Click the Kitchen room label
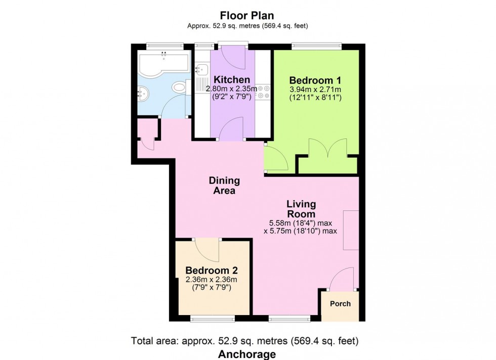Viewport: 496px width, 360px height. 232,80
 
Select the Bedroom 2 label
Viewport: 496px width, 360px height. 212,270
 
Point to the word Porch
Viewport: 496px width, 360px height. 340,304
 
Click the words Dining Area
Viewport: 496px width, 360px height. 224,186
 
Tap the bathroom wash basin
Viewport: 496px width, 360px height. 142,93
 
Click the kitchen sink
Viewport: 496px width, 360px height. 201,68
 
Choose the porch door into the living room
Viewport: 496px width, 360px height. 342,280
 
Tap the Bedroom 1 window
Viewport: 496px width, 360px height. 316,47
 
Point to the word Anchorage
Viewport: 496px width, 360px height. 246,354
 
